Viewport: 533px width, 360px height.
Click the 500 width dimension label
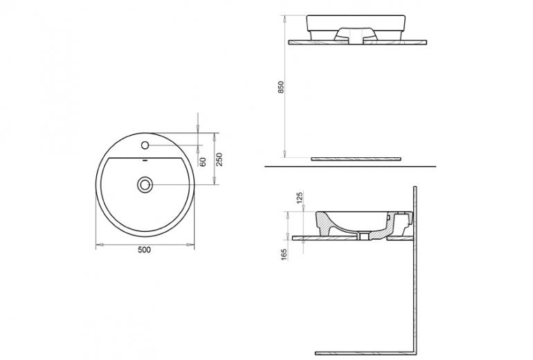tap(144, 250)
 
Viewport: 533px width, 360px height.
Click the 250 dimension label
tap(219, 159)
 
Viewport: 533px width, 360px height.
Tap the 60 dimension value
tap(203, 162)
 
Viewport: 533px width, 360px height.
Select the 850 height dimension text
tap(280, 87)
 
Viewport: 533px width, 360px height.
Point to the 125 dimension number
tap(300, 197)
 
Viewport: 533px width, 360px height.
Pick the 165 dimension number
tap(284, 255)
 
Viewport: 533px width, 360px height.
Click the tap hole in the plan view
tap(145, 145)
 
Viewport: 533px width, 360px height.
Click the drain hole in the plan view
tap(145, 185)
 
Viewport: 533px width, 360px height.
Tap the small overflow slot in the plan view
tap(145, 160)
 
